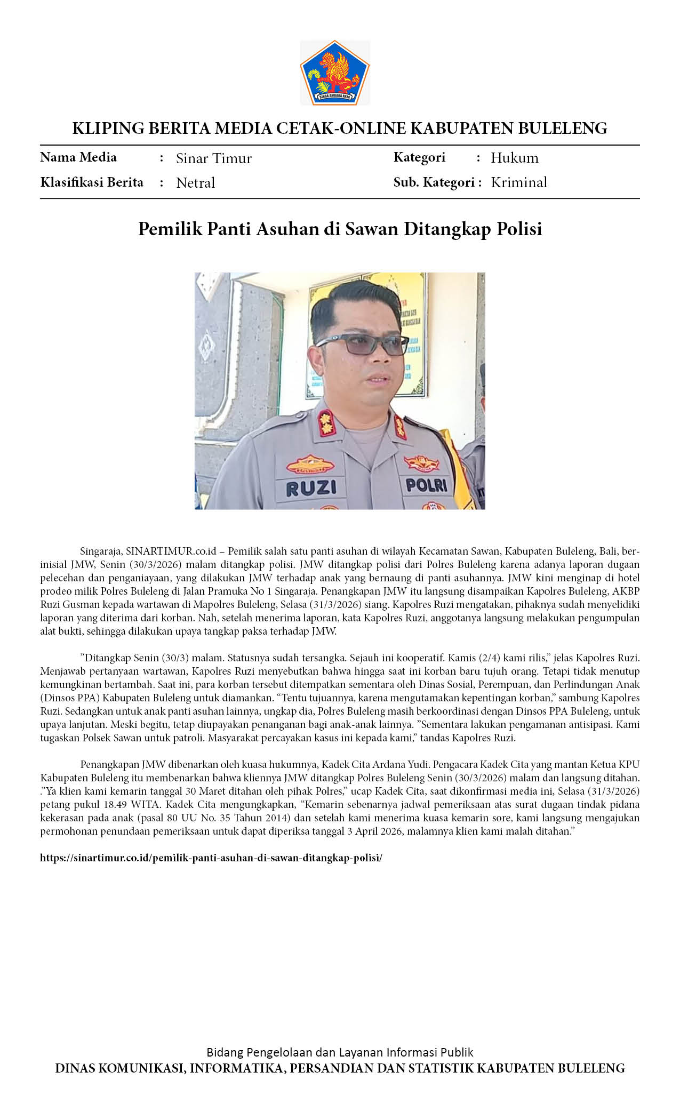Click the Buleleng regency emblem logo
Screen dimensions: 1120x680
click(x=335, y=73)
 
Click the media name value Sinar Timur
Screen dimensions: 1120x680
click(x=213, y=158)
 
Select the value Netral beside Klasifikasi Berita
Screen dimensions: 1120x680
click(x=195, y=183)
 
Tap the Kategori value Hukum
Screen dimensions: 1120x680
click(x=514, y=158)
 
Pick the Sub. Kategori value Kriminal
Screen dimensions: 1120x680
click(x=518, y=182)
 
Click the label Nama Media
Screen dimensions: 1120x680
click(x=78, y=157)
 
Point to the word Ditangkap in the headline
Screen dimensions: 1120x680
click(x=447, y=229)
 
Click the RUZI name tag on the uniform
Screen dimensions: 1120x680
click(x=311, y=487)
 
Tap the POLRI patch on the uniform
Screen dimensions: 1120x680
click(x=426, y=485)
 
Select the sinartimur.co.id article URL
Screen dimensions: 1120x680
click(x=211, y=858)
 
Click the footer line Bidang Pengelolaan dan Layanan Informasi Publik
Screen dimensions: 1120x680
click(x=340, y=1052)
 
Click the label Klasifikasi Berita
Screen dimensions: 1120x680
click(x=92, y=182)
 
